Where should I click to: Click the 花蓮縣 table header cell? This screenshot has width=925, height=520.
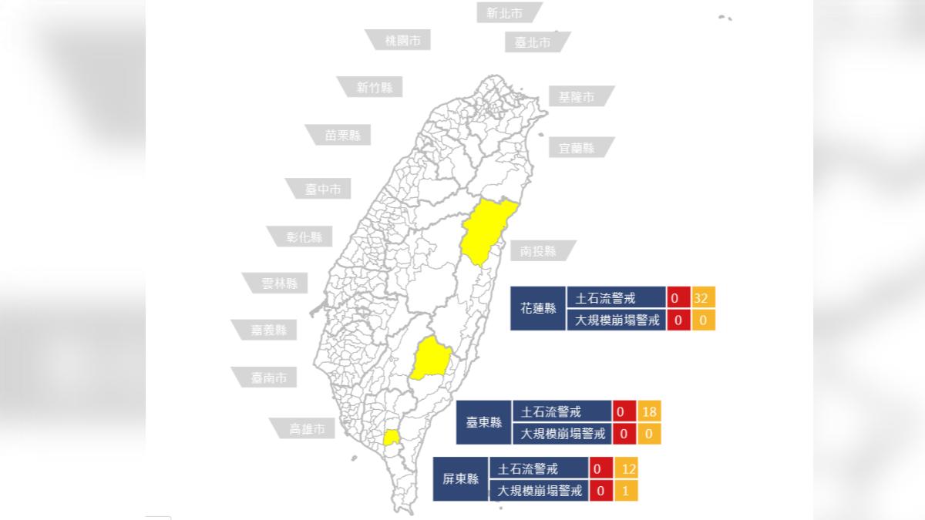pyautogui.click(x=538, y=308)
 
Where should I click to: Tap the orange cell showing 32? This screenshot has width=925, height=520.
pyautogui.click(x=703, y=298)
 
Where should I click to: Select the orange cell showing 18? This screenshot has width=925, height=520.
pyautogui.click(x=649, y=412)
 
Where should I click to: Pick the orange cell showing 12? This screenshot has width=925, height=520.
pyautogui.click(x=626, y=468)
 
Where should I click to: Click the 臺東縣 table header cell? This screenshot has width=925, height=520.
pyautogui.click(x=484, y=422)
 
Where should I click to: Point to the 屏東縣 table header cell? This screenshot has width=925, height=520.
pyautogui.click(x=461, y=479)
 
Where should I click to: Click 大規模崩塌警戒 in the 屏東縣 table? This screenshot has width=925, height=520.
pyautogui.click(x=539, y=490)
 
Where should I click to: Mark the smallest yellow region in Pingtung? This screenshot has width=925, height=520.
pyautogui.click(x=392, y=438)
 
